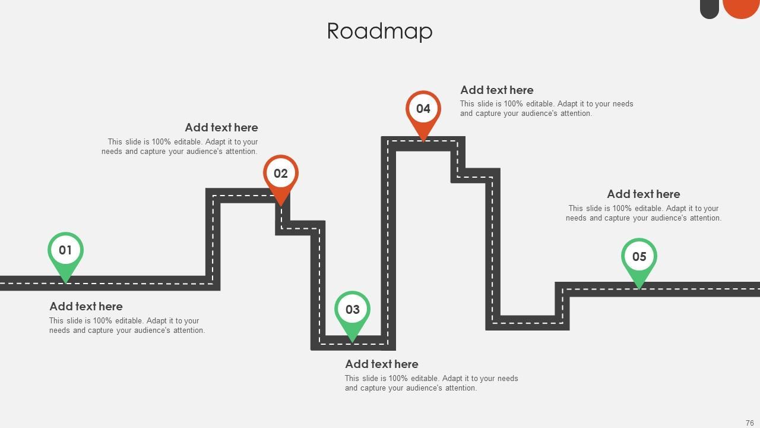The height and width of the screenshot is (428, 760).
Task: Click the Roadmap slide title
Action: coord(379,31)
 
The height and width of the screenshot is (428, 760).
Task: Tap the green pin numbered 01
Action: coord(65,251)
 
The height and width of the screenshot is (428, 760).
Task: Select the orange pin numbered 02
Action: coord(281,174)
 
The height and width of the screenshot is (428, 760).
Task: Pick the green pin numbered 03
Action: coord(352,310)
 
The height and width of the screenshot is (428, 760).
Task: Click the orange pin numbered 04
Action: coord(423,109)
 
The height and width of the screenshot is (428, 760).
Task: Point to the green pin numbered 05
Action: coord(639,257)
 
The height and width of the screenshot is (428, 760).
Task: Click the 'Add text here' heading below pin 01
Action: coord(86,307)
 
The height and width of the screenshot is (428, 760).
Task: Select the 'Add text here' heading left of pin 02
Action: coord(221,128)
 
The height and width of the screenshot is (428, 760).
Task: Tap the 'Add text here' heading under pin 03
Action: coord(382,364)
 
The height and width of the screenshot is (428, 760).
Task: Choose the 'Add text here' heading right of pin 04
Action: coord(497,90)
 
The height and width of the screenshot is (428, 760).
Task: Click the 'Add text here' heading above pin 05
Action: coord(644,194)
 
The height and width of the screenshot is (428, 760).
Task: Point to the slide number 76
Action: coord(749,423)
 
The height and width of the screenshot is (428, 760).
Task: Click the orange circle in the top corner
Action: coord(741,7)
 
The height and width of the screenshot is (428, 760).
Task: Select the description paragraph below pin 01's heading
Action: coord(127,326)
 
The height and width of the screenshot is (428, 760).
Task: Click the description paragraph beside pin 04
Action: coord(546,109)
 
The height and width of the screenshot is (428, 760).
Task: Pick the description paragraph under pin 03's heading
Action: coord(431,383)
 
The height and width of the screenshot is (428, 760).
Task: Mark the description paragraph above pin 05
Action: coord(643,213)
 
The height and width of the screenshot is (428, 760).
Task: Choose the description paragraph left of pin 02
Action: coord(180,147)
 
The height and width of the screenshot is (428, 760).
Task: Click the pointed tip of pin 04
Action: coord(423,140)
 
